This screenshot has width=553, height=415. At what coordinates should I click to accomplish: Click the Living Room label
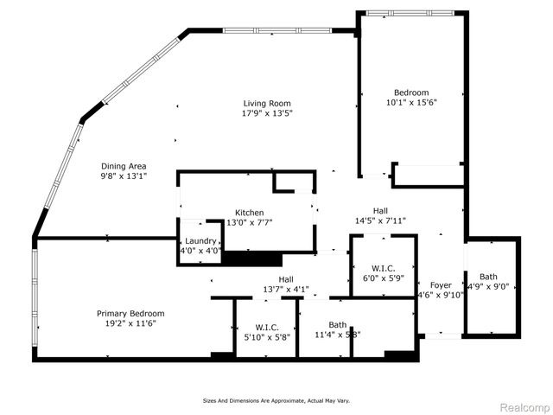coord(267,104)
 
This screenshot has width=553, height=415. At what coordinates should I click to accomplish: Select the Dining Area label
coord(124,166)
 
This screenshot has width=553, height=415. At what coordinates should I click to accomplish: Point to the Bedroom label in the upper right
coord(411,93)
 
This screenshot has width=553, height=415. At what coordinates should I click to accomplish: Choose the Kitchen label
coord(250,213)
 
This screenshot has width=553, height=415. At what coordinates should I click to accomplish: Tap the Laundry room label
coord(200,241)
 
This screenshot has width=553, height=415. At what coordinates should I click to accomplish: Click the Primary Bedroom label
coord(130,313)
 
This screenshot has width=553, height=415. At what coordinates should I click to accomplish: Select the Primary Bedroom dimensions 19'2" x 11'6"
coord(130,323)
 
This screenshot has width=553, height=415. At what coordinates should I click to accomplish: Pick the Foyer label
coord(441,284)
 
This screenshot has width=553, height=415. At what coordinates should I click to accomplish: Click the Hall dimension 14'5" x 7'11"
coord(380,220)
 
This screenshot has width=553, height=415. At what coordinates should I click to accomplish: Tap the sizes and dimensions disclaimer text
coord(276,400)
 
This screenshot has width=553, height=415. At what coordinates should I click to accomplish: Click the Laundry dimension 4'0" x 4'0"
coord(200,251)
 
